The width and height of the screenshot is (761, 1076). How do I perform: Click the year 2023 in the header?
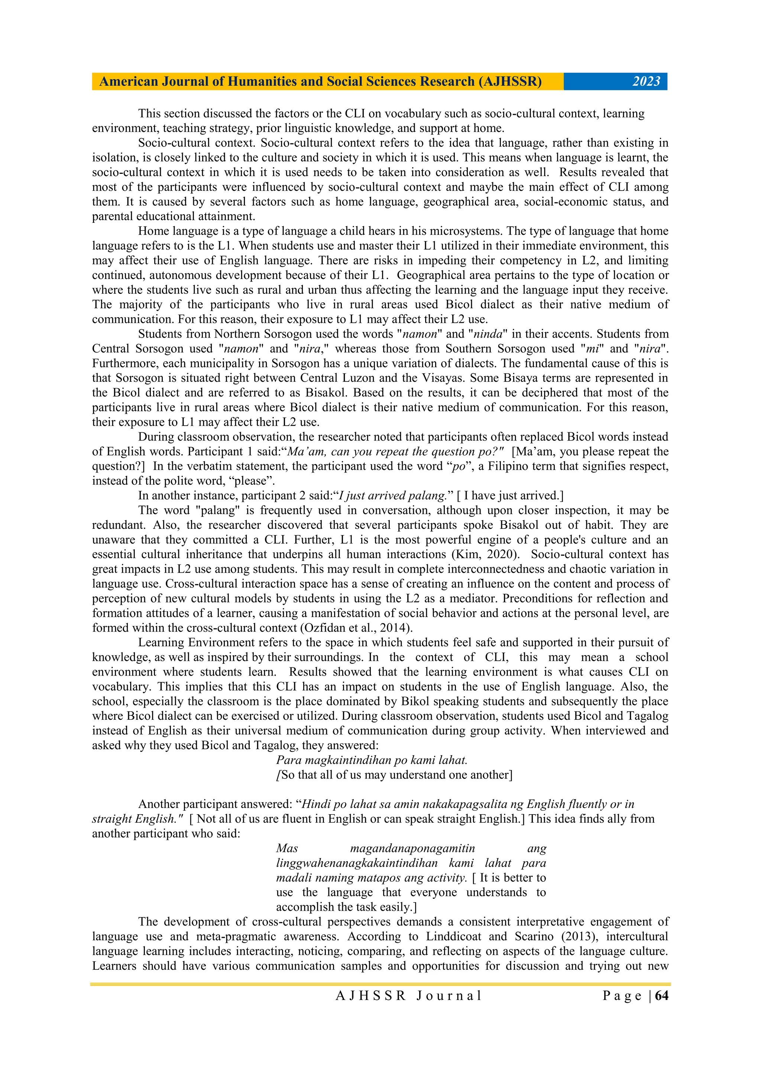click(646, 82)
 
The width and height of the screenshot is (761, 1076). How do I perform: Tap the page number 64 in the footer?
click(661, 995)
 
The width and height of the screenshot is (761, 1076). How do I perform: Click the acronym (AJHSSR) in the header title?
click(510, 82)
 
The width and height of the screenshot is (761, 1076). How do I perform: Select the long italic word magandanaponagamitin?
click(412, 848)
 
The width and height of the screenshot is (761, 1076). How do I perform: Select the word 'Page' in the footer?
click(622, 995)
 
